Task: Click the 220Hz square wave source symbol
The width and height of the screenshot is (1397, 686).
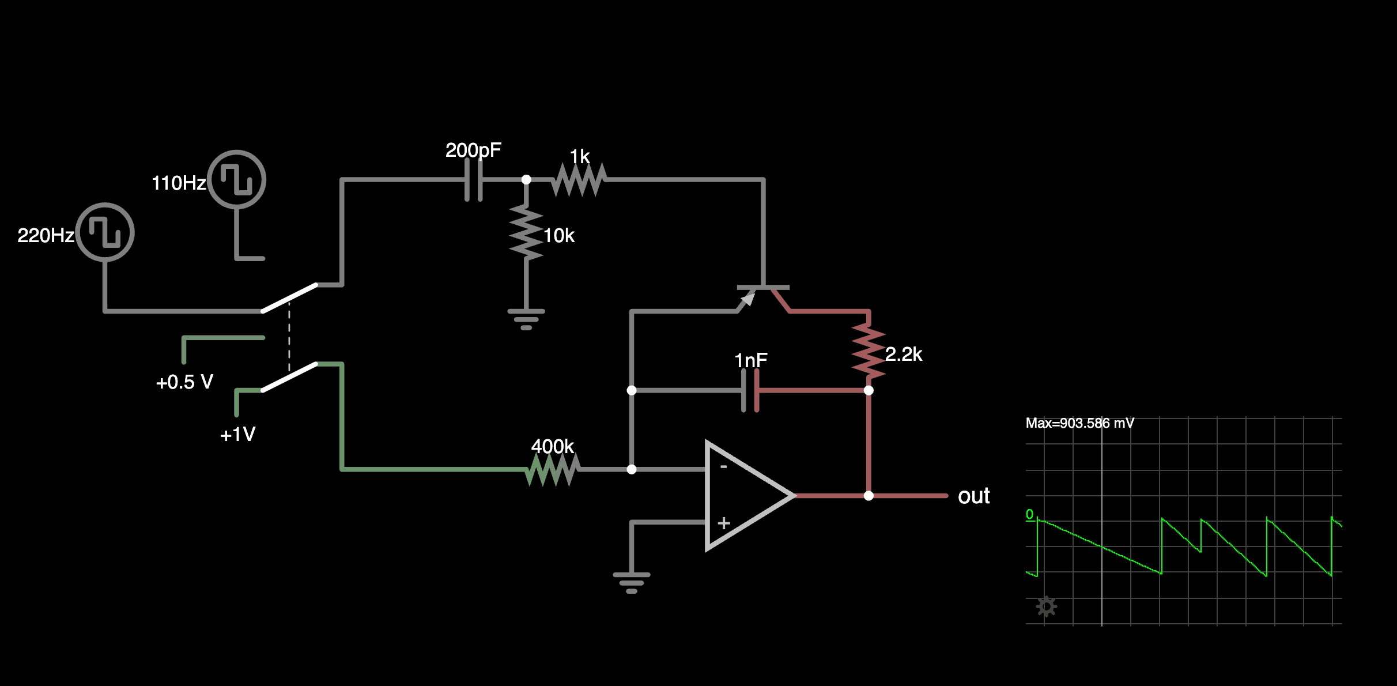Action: click(105, 232)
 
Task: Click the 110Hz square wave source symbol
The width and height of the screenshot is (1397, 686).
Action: click(236, 180)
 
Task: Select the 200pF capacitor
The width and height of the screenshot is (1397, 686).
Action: click(474, 180)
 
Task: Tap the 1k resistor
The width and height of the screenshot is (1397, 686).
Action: click(579, 180)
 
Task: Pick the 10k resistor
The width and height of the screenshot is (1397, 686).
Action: click(526, 233)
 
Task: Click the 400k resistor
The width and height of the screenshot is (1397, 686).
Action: click(552, 469)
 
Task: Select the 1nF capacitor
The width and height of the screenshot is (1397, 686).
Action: click(750, 390)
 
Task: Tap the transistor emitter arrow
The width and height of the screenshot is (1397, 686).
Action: click(747, 299)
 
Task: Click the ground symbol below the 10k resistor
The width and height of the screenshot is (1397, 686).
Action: click(526, 319)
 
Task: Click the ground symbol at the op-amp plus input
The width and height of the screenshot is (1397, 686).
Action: click(632, 582)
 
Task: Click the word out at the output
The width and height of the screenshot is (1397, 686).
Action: click(973, 496)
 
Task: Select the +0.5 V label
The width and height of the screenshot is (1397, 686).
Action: click(184, 382)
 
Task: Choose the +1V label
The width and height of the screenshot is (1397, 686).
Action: click(237, 434)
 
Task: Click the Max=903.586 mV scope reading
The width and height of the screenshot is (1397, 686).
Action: click(1079, 423)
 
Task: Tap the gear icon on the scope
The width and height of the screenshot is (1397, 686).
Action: click(1046, 606)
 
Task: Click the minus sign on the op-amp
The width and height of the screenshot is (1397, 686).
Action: click(723, 466)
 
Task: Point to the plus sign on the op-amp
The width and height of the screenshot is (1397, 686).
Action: click(724, 523)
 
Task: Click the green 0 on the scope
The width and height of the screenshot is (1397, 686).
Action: click(1029, 514)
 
